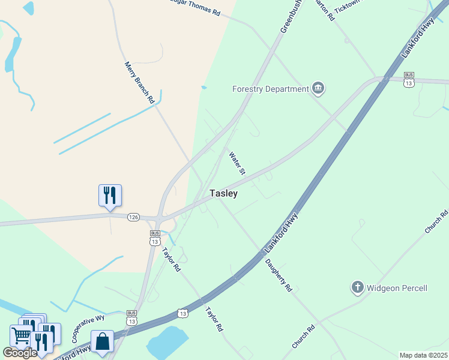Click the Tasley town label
223,193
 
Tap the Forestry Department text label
270,89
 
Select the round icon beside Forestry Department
318,89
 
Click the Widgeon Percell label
397,288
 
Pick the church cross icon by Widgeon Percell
357,287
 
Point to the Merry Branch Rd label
139,83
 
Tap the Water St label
237,163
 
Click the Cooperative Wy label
88,327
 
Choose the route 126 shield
133,217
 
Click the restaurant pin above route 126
110,196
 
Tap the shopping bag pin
102,341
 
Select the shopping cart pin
21,336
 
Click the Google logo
19,352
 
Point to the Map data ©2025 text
423,355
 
